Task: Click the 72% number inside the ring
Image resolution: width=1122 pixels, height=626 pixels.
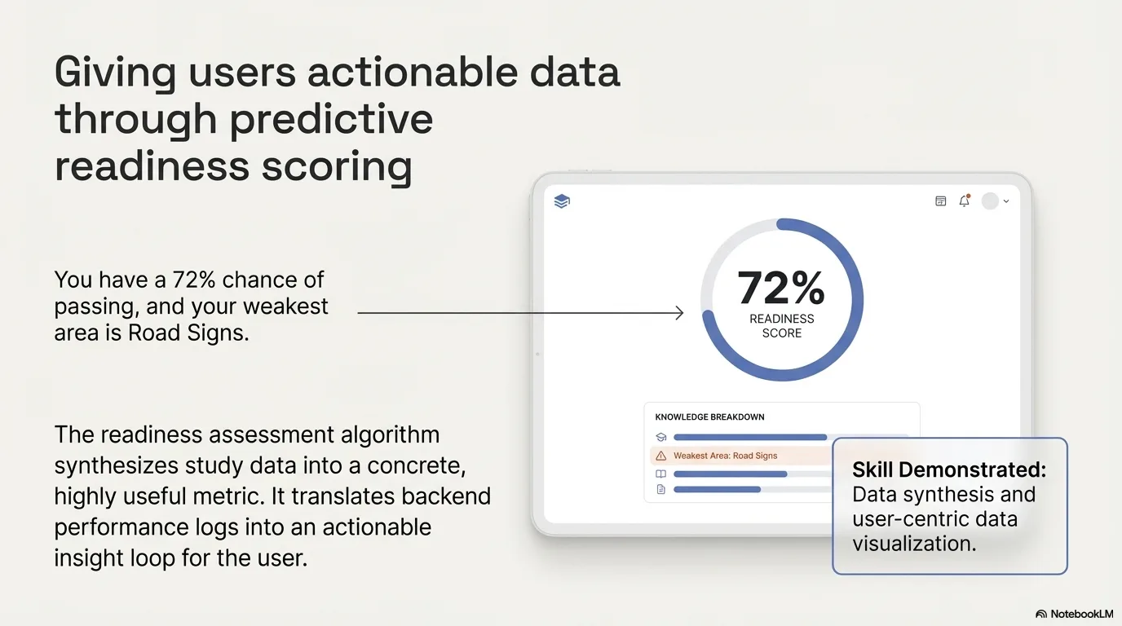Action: coord(781,288)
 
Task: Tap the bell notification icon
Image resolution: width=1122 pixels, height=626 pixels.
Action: coord(965,201)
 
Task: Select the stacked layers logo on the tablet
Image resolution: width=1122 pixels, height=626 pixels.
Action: coord(562,201)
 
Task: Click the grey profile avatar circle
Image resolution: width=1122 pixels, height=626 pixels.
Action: coord(990,201)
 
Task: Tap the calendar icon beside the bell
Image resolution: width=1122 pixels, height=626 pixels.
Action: coord(940,201)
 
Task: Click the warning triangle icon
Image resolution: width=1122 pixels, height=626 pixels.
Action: coord(661,456)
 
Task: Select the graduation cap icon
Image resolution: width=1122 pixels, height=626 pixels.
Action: coord(661,438)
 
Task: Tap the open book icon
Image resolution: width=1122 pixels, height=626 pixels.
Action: coord(661,474)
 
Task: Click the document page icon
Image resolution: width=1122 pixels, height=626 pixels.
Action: coord(661,489)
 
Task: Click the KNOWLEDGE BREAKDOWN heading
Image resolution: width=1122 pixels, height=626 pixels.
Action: coord(709,417)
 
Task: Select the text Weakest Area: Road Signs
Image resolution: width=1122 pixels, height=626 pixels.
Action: coord(725,456)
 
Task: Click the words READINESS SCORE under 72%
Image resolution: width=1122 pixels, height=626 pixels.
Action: coord(781,326)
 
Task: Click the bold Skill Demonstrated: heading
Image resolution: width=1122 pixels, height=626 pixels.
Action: coord(948,469)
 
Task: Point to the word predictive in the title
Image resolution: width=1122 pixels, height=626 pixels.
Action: coord(330,119)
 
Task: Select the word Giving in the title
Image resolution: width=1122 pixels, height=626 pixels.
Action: coord(114,72)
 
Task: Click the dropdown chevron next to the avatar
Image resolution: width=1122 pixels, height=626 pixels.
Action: coord(1006,201)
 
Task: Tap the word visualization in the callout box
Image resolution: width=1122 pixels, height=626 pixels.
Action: coord(914,543)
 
